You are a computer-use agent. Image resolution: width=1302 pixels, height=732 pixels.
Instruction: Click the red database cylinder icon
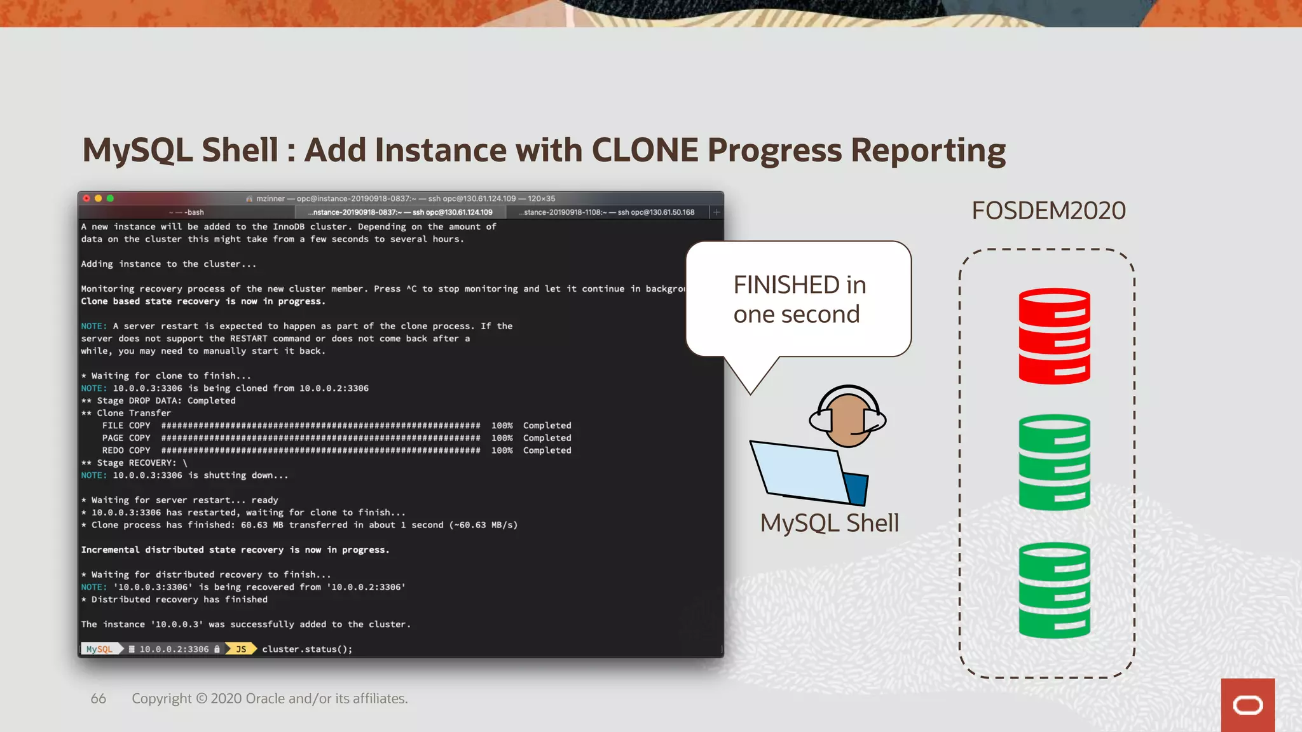tap(1054, 336)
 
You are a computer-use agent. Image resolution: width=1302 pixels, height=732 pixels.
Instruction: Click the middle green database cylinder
tap(1054, 463)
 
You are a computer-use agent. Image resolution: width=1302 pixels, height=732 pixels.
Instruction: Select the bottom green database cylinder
tap(1054, 590)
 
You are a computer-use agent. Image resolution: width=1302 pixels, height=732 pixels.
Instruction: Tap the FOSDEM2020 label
tap(1048, 211)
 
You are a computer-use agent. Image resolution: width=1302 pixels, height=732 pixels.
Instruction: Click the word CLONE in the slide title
tap(645, 151)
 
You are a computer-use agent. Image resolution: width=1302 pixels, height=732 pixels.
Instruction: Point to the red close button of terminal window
tap(86, 198)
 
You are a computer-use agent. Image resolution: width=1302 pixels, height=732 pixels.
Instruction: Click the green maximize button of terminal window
tap(110, 198)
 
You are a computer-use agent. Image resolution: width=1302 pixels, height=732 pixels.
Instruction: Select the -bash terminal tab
tap(187, 212)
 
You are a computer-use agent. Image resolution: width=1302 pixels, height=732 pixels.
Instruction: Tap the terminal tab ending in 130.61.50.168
tap(608, 212)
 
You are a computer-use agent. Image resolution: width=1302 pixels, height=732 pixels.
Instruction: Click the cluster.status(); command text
tap(307, 649)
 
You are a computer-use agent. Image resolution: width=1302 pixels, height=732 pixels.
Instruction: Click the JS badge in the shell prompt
tap(241, 649)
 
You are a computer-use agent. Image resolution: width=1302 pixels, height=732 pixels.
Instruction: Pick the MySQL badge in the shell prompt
tap(99, 649)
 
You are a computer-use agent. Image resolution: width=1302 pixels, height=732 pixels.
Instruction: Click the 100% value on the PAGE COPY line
tap(502, 438)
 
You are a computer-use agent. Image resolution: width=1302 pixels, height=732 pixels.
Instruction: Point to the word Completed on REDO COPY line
tap(547, 451)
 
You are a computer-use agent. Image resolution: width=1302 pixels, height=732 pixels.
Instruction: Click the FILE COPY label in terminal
tap(126, 426)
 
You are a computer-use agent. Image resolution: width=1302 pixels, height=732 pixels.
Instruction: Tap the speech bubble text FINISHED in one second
tap(798, 299)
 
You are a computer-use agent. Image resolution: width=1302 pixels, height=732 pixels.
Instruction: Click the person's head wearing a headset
tap(847, 418)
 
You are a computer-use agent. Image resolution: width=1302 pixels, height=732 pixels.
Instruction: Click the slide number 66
tap(98, 698)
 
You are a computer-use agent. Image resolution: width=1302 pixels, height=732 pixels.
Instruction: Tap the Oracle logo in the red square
tap(1247, 705)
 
